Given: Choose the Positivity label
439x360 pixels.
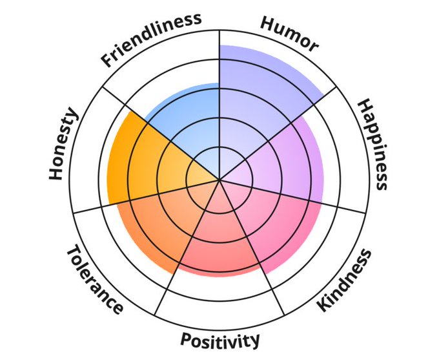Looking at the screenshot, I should pos(220,339).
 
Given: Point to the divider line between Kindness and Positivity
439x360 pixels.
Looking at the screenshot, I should pos(268,284).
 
